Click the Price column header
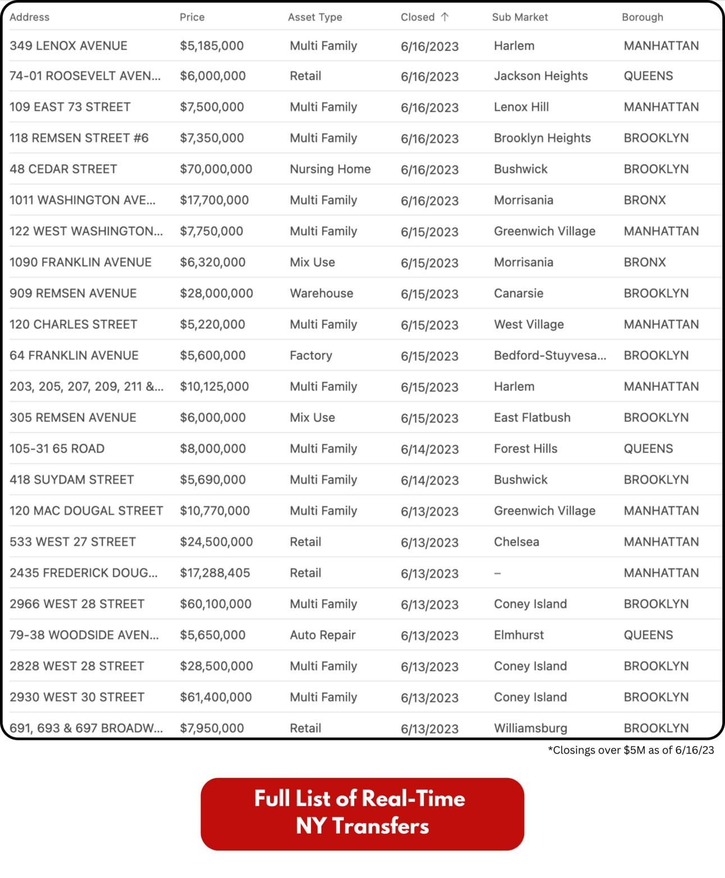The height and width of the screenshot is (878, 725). point(192,17)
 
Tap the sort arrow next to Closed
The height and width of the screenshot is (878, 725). point(445,17)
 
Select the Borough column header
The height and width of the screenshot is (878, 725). point(642,17)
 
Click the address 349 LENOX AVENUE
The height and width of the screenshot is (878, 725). point(68,46)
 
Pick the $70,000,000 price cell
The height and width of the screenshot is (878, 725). point(216,169)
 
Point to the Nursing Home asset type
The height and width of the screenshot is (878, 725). point(330,169)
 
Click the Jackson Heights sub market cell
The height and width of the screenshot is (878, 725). point(540,76)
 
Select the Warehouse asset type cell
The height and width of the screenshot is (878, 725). point(321,293)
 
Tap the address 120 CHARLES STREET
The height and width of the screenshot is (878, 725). point(74,325)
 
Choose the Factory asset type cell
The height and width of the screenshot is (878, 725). point(311,356)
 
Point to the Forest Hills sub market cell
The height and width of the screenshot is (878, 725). point(525,449)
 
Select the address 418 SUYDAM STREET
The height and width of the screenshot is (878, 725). point(72,480)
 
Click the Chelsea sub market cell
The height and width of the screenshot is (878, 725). point(516,542)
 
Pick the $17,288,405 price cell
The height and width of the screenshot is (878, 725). point(215,573)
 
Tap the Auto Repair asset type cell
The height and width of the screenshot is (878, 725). point(323,635)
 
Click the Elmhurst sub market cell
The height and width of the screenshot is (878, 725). point(518,635)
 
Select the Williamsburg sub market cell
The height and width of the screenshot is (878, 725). point(530,728)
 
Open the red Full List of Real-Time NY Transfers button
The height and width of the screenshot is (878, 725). point(362,813)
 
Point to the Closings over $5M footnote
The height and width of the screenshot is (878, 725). point(631,750)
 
